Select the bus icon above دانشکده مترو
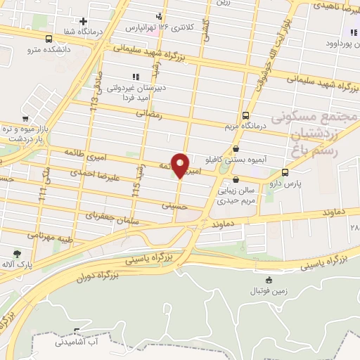pyautogui.click(x=48, y=39)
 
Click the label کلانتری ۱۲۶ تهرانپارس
pyautogui.click(x=149, y=27)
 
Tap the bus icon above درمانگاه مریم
pyautogui.click(x=245, y=115)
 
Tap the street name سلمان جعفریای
pyautogui.click(x=109, y=215)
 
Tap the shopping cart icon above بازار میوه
pyautogui.click(x=26, y=119)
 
